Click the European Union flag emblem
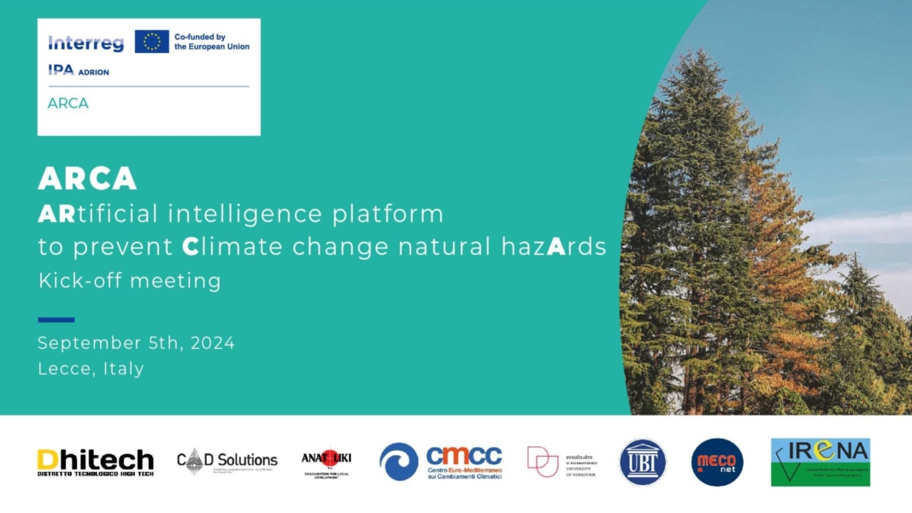point(151,41)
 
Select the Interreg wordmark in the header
point(85,43)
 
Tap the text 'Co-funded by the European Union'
point(211,42)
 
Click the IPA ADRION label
point(79,71)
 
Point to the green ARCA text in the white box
point(68,103)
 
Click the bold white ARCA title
point(87,178)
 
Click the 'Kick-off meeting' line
point(129,280)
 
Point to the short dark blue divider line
point(56,320)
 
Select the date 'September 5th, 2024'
point(136,343)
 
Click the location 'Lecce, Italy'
point(91,369)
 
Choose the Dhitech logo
point(95,463)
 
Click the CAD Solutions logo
point(227,462)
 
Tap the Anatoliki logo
point(326,462)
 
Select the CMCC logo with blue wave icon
point(440,462)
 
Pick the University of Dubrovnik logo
point(562,462)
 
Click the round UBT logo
point(642,462)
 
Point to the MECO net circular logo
point(717,462)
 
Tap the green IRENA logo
point(820,462)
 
